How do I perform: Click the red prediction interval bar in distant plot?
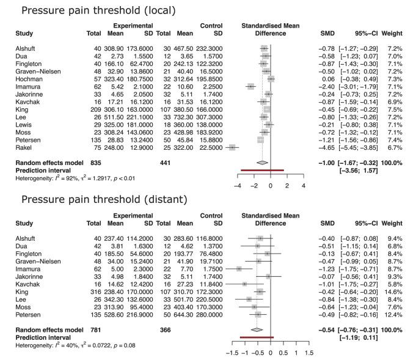(x=257, y=337)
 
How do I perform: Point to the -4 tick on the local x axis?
(x=237, y=185)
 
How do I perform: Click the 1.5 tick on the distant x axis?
(x=309, y=353)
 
